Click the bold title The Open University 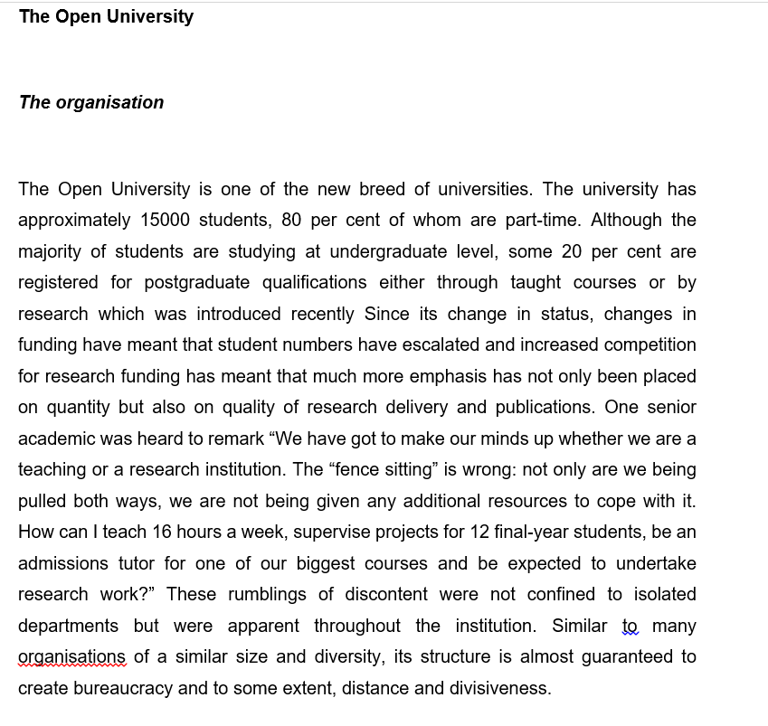point(106,16)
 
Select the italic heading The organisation point(91,102)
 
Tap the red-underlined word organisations point(72,656)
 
